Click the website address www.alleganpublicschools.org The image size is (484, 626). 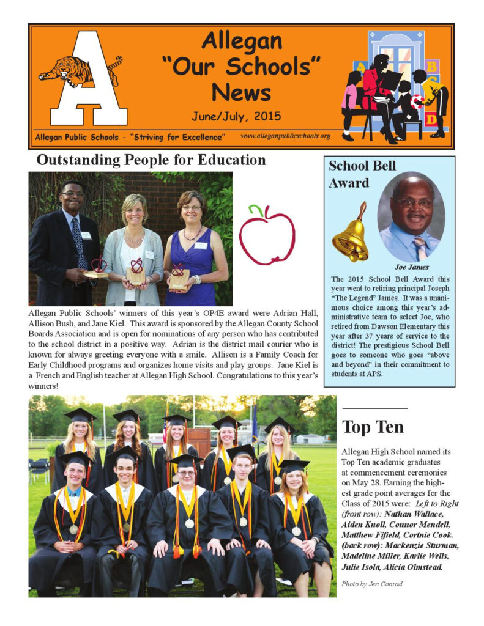(x=285, y=136)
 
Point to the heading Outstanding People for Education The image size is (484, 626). (x=151, y=161)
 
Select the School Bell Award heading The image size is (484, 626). (x=362, y=174)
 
